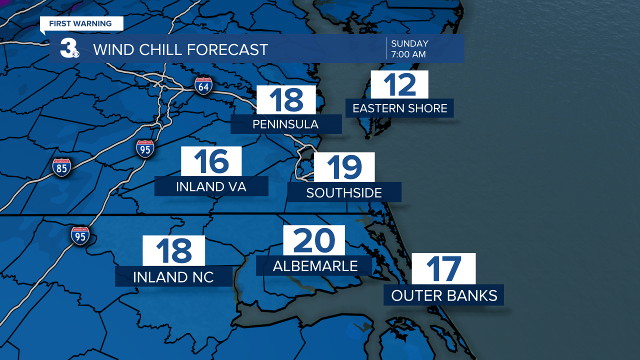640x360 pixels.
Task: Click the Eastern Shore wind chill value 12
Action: pos(399,84)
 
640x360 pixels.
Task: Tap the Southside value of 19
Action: pos(344,167)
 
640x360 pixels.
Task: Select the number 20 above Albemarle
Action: pos(314,240)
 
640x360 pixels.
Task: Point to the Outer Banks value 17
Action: pos(443,268)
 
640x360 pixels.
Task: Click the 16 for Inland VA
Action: pos(211,161)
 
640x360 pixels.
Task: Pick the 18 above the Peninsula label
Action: pos(286,99)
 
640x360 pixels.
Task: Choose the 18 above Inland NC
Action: pos(173,250)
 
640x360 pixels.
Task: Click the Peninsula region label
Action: pos(285,124)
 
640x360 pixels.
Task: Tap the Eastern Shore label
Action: pos(399,108)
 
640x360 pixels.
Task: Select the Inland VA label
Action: pos(211,186)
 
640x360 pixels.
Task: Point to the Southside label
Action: pos(344,192)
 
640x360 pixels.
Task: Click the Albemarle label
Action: pos(315,266)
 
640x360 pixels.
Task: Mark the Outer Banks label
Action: pos(444,295)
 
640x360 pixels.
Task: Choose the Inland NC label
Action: pos(173,276)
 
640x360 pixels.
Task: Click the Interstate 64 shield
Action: pos(203,85)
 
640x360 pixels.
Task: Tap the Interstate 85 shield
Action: pos(61,167)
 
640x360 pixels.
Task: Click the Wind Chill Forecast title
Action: pos(180,49)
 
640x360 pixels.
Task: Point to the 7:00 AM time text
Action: pos(408,54)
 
